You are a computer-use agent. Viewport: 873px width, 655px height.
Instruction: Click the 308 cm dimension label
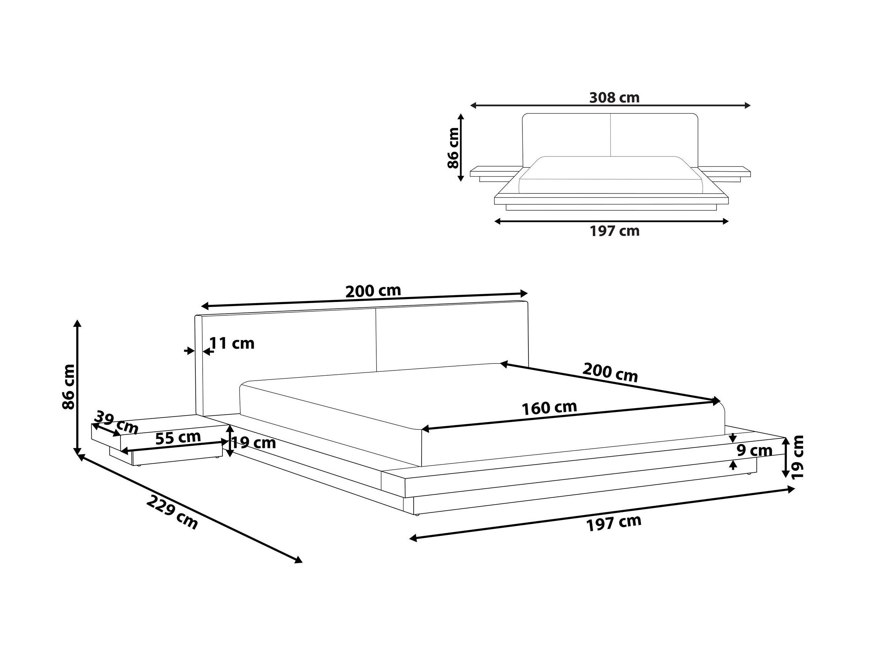[x=614, y=97]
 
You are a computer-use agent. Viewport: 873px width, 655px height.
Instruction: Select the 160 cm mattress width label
[x=549, y=408]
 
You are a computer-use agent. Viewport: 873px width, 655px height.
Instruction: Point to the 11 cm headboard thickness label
[x=232, y=343]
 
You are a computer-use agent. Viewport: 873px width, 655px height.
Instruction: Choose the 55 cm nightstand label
[x=178, y=438]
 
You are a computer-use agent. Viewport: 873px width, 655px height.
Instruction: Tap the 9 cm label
[x=755, y=451]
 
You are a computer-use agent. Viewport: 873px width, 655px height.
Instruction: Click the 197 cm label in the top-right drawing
[x=615, y=231]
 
